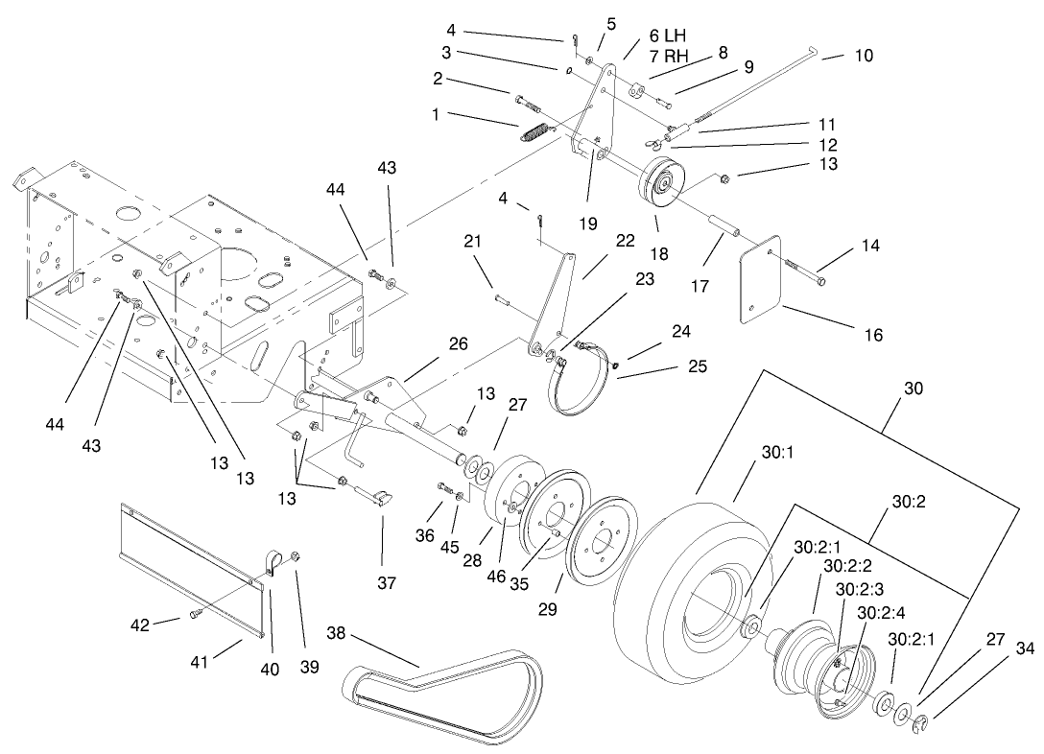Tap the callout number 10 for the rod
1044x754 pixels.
click(863, 56)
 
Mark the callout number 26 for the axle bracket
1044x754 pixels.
click(459, 343)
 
